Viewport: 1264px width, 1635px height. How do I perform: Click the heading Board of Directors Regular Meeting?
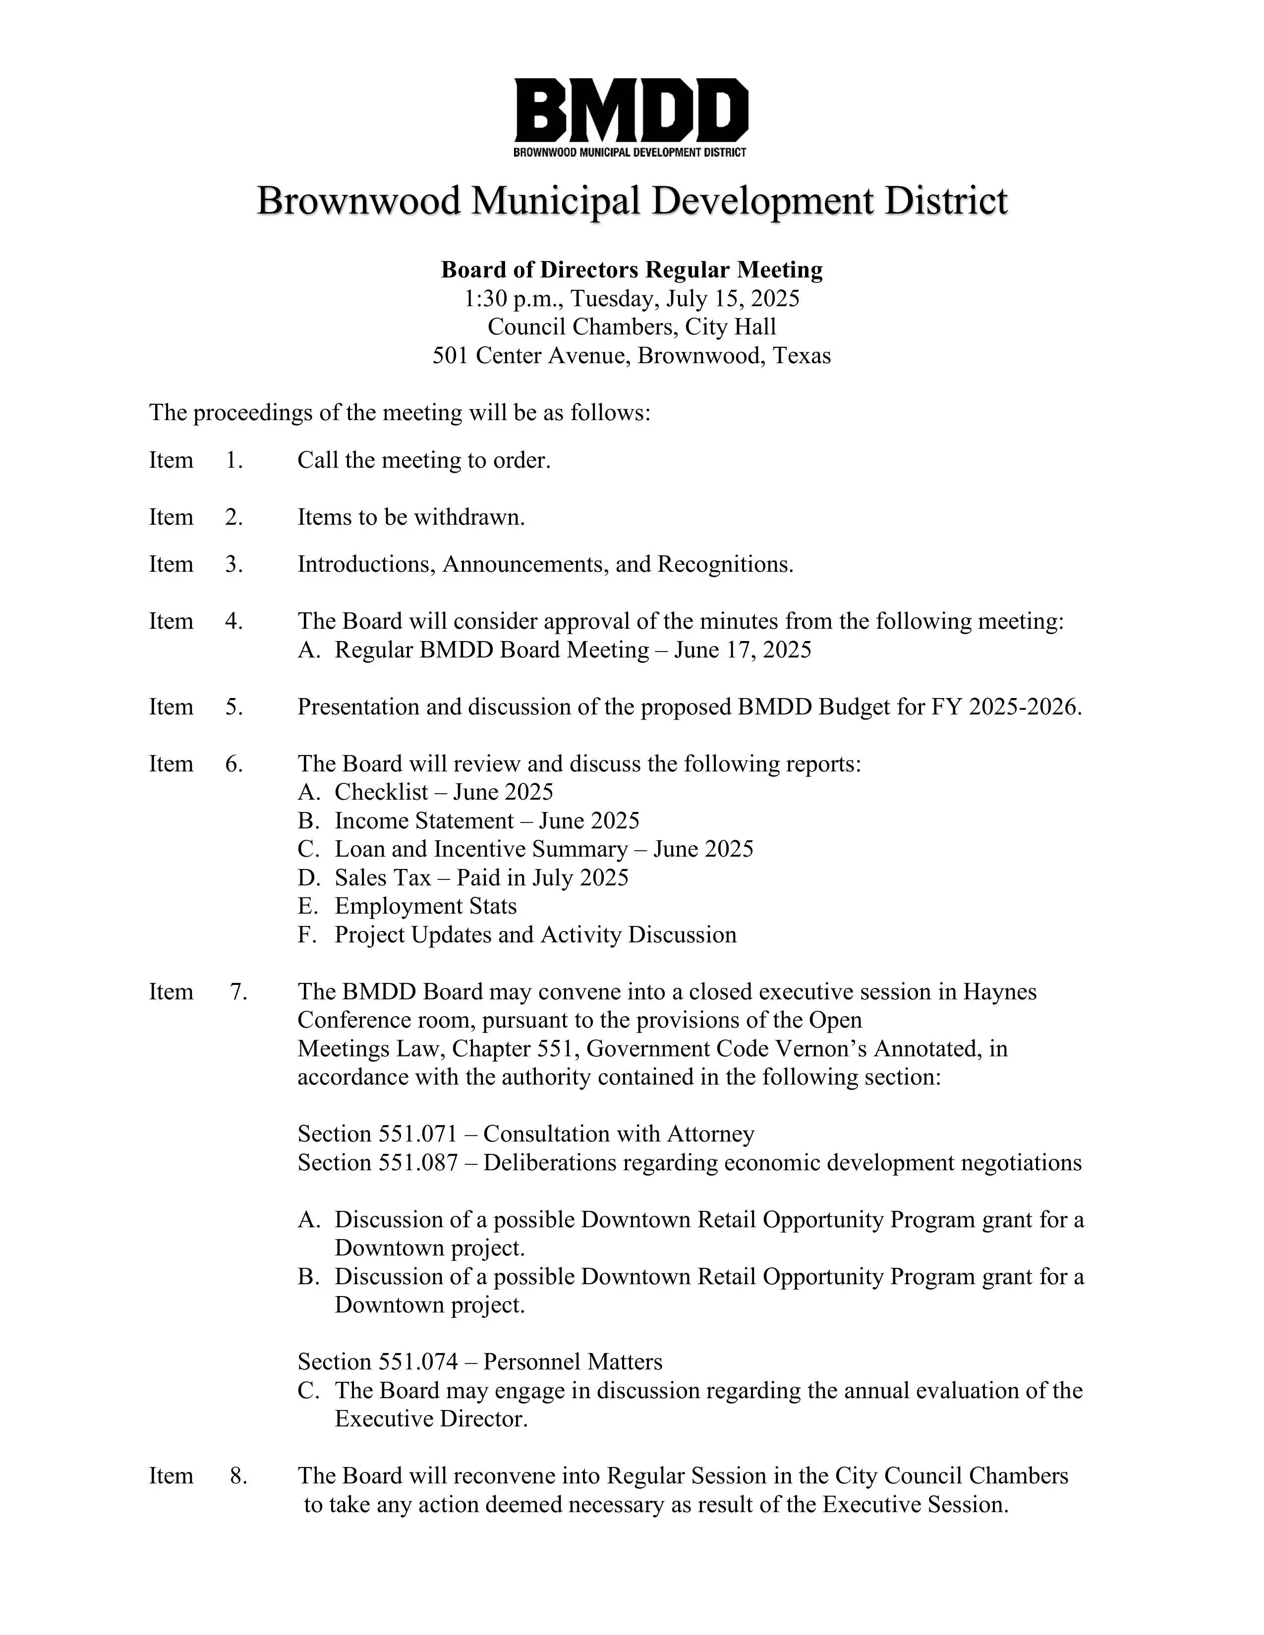pyautogui.click(x=631, y=270)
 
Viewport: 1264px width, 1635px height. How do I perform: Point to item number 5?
pyautogui.click(x=233, y=707)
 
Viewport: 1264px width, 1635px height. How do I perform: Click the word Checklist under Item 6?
pyautogui.click(x=381, y=792)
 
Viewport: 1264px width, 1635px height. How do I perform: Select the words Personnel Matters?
pyautogui.click(x=572, y=1362)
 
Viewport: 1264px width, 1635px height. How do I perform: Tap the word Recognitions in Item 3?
pyautogui.click(x=724, y=564)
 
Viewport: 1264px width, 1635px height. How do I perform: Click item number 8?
pyautogui.click(x=238, y=1475)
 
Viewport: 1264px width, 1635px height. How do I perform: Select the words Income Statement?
pyautogui.click(x=424, y=820)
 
